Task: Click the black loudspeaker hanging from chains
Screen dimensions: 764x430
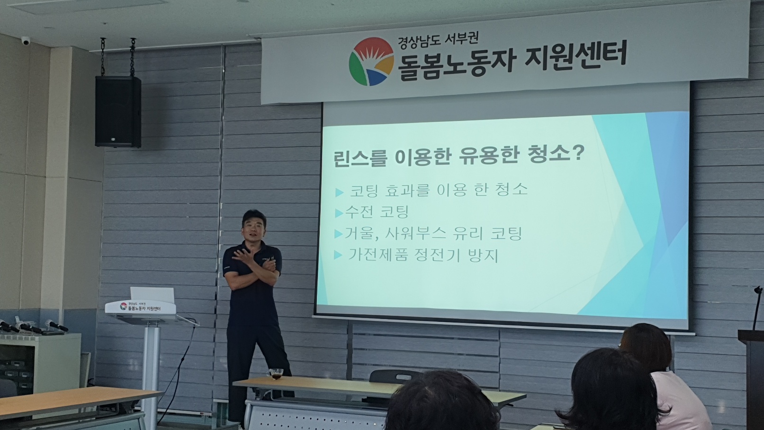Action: tap(118, 111)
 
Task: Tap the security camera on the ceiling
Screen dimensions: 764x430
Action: tap(26, 40)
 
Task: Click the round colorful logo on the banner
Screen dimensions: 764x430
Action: tap(371, 62)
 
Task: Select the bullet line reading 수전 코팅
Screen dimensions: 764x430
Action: tap(372, 212)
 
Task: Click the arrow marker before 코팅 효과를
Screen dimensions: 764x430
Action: tap(339, 192)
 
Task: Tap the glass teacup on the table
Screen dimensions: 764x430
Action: tap(276, 374)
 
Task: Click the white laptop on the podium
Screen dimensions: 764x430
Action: tap(152, 295)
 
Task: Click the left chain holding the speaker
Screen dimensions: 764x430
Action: tap(103, 56)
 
